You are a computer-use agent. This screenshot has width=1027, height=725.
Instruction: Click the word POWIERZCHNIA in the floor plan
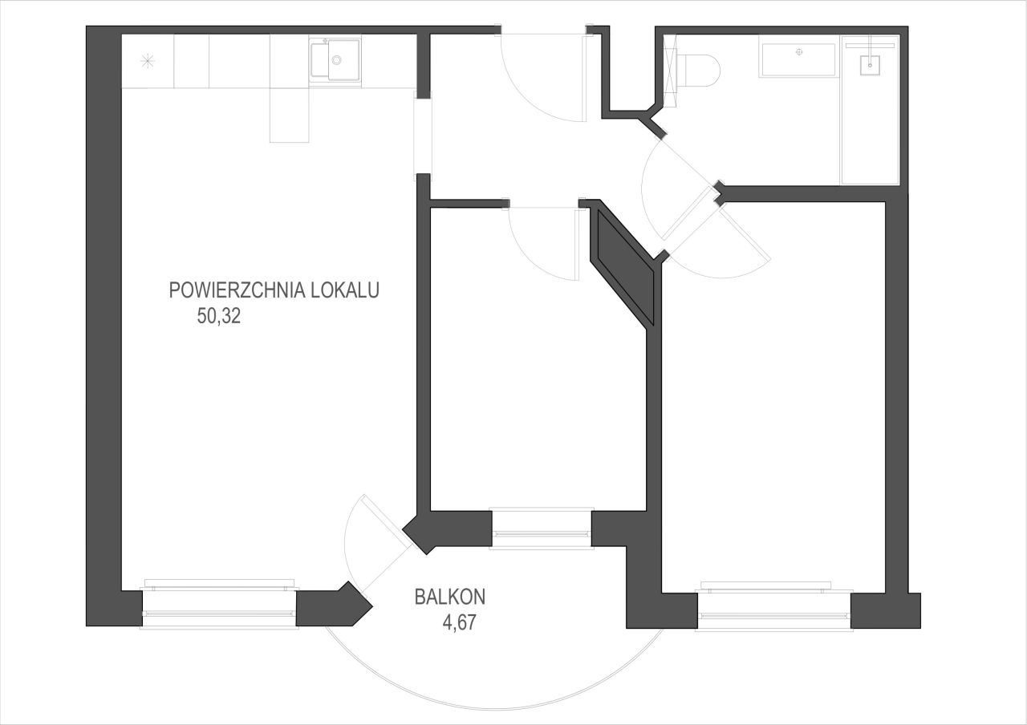point(237,290)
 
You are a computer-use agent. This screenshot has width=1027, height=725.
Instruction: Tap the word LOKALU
point(345,290)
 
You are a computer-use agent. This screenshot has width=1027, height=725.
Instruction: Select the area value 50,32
point(219,316)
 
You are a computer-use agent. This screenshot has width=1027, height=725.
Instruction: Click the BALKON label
point(450,597)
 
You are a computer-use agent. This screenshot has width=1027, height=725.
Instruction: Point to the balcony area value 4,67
point(460,622)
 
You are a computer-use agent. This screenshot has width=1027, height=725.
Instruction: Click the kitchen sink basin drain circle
point(336,59)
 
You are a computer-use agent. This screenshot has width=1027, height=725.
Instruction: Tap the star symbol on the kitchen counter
point(148,61)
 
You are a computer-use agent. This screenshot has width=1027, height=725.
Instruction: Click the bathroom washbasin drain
point(800,52)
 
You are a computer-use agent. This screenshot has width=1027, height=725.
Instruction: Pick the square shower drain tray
point(869,65)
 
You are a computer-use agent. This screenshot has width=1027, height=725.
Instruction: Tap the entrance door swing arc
point(527,94)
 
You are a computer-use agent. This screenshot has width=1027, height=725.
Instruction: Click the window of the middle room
point(542,529)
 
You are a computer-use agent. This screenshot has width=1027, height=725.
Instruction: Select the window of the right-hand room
point(774,606)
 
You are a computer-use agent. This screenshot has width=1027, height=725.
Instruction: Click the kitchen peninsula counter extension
point(290,115)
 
